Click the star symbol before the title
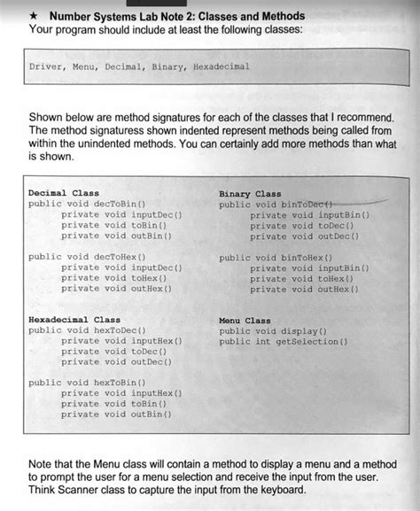[35, 17]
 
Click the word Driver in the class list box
[46, 66]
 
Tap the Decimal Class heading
[64, 192]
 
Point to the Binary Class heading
[250, 193]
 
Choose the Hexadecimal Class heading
[74, 319]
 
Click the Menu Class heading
[245, 320]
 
